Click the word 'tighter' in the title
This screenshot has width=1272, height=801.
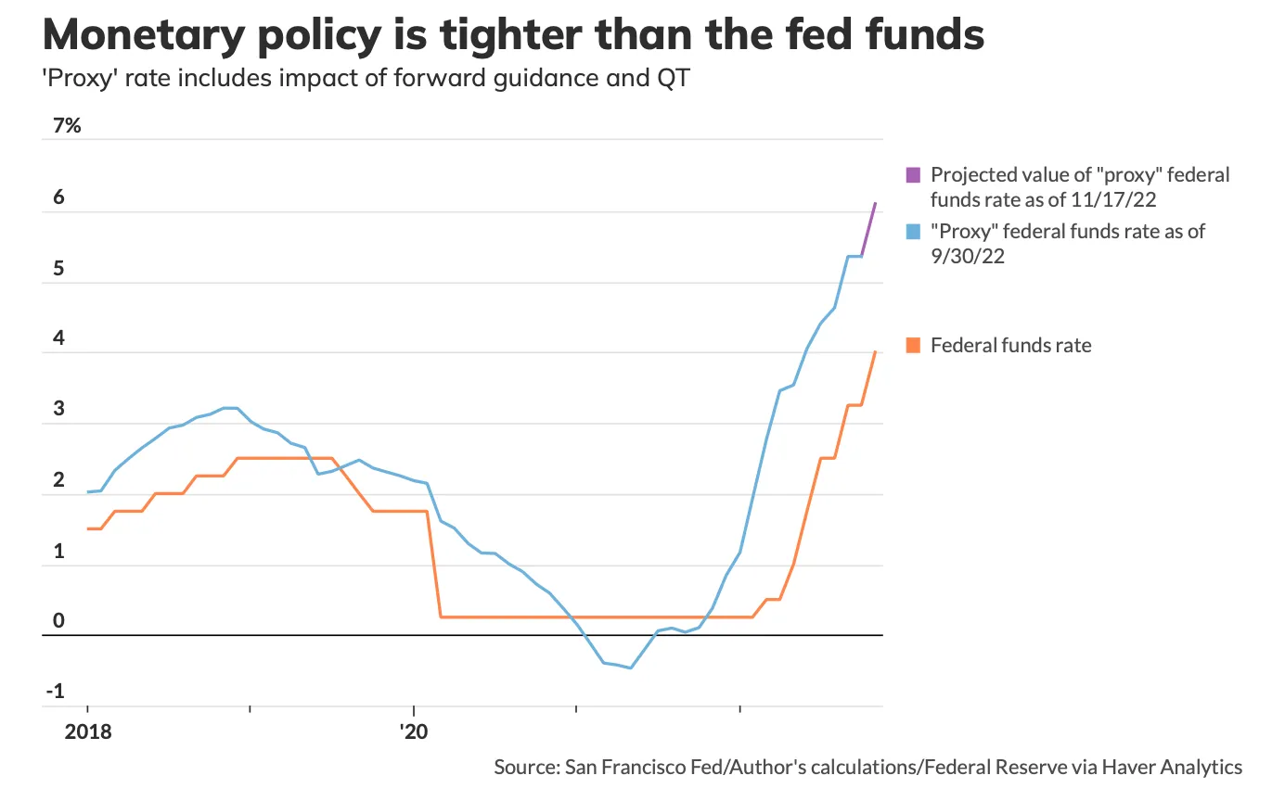[x=511, y=36]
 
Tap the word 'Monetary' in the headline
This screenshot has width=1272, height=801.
[x=144, y=36]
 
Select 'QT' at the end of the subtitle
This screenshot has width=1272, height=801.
[x=674, y=78]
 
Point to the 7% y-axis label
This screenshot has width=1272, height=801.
[x=67, y=125]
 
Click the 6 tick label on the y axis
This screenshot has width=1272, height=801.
[x=59, y=197]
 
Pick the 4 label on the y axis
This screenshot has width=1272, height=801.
[x=59, y=338]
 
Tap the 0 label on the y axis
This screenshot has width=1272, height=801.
[x=59, y=620]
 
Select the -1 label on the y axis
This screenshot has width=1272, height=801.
[x=56, y=691]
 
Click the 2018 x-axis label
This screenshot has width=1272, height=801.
[x=88, y=731]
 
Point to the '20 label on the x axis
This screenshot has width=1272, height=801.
[x=414, y=731]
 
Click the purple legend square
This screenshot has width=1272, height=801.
[x=913, y=174]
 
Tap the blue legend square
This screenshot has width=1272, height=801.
[x=913, y=232]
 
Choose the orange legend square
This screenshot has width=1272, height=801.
[x=913, y=345]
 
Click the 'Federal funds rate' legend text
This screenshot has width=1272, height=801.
[x=1010, y=346]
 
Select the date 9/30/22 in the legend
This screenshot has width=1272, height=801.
[x=968, y=257]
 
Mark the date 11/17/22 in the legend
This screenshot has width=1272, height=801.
[x=1113, y=199]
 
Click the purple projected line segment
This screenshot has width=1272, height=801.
[x=868, y=229]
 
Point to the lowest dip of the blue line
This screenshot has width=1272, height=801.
[x=630, y=667]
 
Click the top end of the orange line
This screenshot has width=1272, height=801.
[x=876, y=352]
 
